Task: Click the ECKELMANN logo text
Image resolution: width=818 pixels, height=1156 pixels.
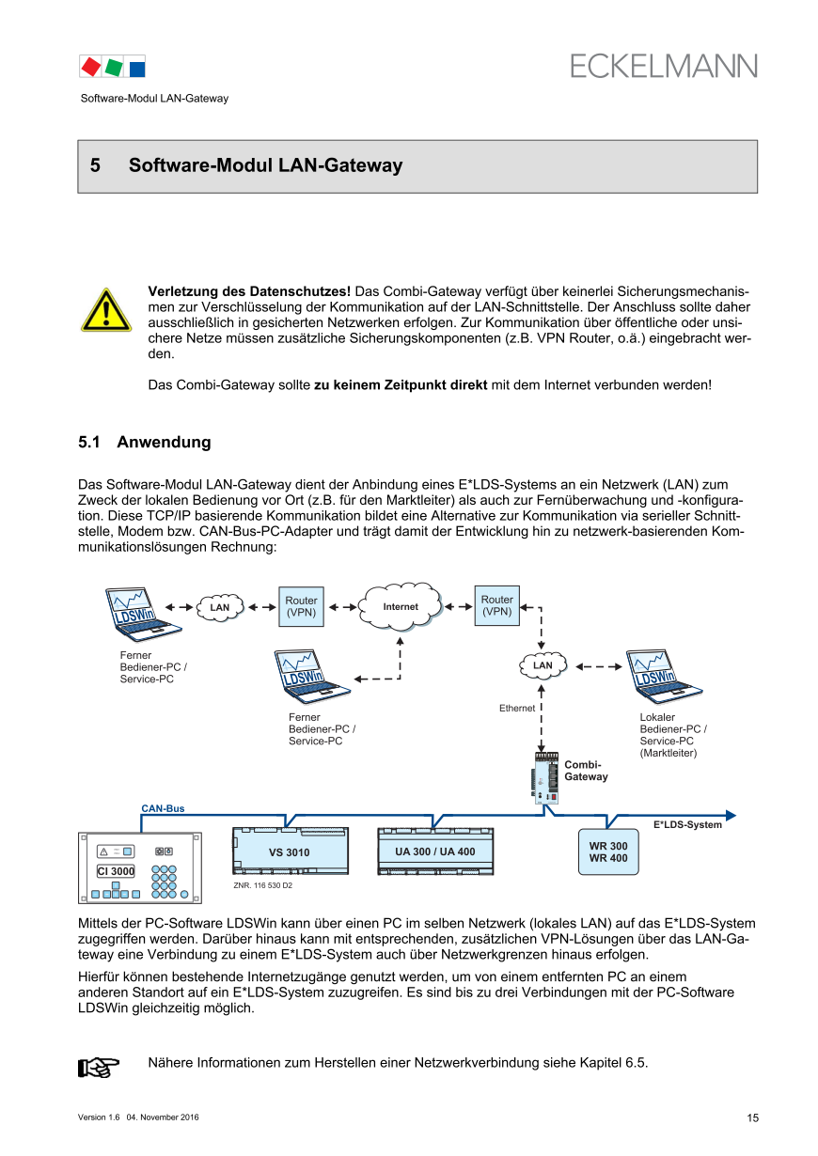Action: (663, 66)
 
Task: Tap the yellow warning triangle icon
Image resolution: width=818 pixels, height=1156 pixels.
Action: (105, 310)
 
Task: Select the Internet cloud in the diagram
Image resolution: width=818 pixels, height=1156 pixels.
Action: (401, 606)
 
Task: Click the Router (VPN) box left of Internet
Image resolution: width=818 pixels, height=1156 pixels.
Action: (301, 606)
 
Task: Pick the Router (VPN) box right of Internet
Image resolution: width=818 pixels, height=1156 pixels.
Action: (497, 605)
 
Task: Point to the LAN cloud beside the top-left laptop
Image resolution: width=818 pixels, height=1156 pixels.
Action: (220, 607)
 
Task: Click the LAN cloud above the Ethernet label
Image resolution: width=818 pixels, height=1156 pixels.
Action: (543, 665)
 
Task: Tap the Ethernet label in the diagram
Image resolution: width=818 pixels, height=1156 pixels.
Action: (517, 708)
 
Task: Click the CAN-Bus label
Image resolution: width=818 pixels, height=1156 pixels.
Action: (163, 808)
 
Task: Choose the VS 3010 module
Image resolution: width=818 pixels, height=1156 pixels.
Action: (290, 851)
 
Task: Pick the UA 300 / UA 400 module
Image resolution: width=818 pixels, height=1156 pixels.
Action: (435, 851)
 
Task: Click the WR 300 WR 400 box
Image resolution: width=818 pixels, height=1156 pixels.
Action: (608, 851)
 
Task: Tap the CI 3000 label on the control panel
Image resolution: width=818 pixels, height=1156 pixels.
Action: (116, 871)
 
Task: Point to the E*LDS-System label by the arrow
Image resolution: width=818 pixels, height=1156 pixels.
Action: (687, 825)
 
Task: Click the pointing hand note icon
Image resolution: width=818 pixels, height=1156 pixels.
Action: (99, 1067)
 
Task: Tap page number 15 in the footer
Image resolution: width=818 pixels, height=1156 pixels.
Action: (752, 1117)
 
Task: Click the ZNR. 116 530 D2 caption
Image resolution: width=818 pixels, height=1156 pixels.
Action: (262, 885)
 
